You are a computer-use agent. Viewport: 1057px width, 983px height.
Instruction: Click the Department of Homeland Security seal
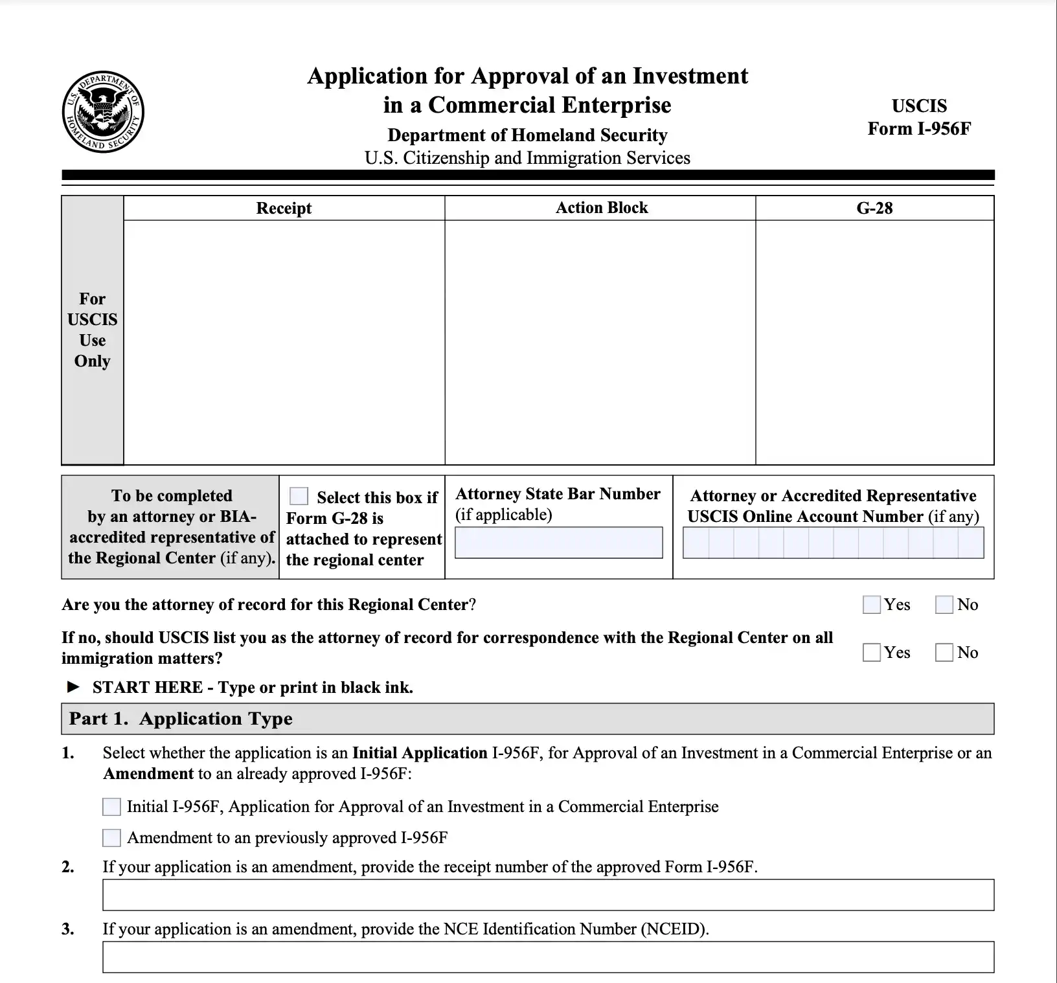(103, 112)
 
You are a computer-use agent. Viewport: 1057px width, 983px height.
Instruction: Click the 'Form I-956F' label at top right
(918, 128)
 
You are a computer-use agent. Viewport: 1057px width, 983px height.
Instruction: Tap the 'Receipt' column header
(284, 208)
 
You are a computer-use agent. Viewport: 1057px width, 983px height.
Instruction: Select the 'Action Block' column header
(601, 208)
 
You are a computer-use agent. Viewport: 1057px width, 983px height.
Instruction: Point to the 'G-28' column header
(874, 208)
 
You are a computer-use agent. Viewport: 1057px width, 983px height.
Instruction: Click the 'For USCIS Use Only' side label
(93, 330)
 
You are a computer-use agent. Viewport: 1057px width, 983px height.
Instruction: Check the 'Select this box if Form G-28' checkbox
(299, 497)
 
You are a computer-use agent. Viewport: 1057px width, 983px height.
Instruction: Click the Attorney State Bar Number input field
(558, 543)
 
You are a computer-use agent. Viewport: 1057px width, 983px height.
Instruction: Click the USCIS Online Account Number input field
(833, 543)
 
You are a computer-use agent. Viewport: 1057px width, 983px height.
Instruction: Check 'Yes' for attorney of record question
(872, 605)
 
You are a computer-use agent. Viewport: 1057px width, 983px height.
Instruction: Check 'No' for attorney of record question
(944, 605)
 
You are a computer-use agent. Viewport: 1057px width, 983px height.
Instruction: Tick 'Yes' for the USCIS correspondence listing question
(872, 653)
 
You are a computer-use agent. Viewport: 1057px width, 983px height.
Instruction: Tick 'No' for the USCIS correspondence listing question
(944, 653)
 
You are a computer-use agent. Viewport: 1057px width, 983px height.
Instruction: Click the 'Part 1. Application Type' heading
(181, 719)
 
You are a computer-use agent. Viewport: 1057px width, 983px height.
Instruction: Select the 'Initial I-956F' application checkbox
(111, 807)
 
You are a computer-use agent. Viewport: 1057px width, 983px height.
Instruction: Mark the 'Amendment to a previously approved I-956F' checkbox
(111, 838)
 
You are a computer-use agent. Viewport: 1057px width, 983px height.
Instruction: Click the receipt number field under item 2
(548, 895)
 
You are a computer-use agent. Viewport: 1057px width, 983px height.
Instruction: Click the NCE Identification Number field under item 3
(548, 957)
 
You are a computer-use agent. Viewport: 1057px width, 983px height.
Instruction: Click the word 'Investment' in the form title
(690, 76)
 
